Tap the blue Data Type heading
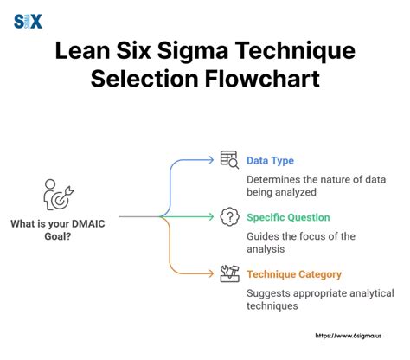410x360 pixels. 269,161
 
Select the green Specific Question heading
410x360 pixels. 288,217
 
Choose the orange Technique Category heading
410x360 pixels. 293,274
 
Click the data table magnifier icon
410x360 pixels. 229,160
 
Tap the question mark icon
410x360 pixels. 229,216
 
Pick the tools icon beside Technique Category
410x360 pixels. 229,273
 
